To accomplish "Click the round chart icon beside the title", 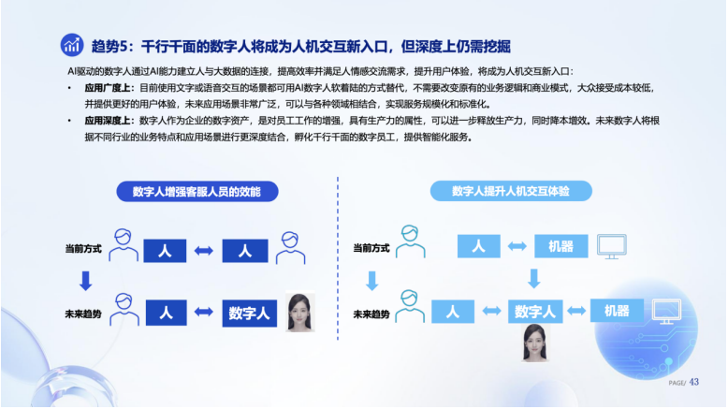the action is click(x=72, y=45).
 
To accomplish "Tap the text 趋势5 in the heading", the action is click(x=109, y=46).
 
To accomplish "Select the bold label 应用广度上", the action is click(x=108, y=88).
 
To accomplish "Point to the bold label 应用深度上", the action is click(x=108, y=121).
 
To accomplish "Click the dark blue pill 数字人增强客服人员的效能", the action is click(x=197, y=191).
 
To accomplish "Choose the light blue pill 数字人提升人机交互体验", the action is click(x=511, y=191).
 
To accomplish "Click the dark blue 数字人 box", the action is click(x=249, y=314).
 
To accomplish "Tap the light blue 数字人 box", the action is click(x=535, y=311).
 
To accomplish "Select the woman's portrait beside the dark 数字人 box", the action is click(x=300, y=312).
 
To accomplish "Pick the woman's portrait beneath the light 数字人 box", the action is click(x=535, y=343).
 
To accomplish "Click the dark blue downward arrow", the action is click(x=85, y=281).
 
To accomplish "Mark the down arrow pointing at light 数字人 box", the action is click(x=534, y=279).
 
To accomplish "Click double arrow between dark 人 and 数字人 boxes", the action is click(x=203, y=312).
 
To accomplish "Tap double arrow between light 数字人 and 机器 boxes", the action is click(x=576, y=311).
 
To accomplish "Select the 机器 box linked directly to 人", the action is click(x=561, y=246).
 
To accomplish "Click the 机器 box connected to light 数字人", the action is click(x=617, y=311).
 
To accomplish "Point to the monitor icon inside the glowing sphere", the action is click(x=667, y=312).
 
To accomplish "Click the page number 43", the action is click(x=694, y=382).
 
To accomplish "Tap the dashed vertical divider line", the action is click(x=338, y=258).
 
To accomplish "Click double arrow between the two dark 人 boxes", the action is click(x=203, y=251).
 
